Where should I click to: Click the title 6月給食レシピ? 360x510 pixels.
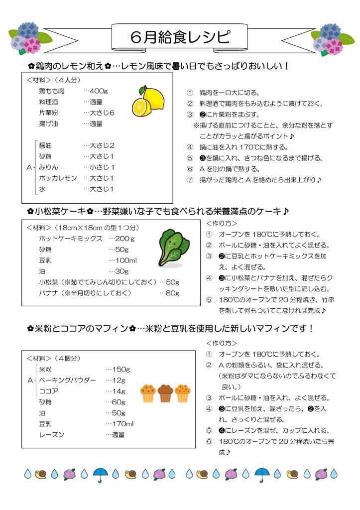pos(180,37)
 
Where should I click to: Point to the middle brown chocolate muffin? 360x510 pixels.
pos(165,393)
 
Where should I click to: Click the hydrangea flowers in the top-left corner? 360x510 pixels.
pos(29,38)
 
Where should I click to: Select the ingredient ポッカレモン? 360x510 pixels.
pos(58,178)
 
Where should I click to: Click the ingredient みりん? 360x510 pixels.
pos(49,167)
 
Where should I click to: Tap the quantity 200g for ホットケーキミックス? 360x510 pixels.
pos(121,239)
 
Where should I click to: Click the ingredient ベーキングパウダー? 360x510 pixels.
pos(67,380)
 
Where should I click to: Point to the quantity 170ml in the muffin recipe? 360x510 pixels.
pos(120,424)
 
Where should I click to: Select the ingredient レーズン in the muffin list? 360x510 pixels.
pos(52,435)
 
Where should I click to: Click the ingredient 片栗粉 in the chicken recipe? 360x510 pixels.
pos(49,113)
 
